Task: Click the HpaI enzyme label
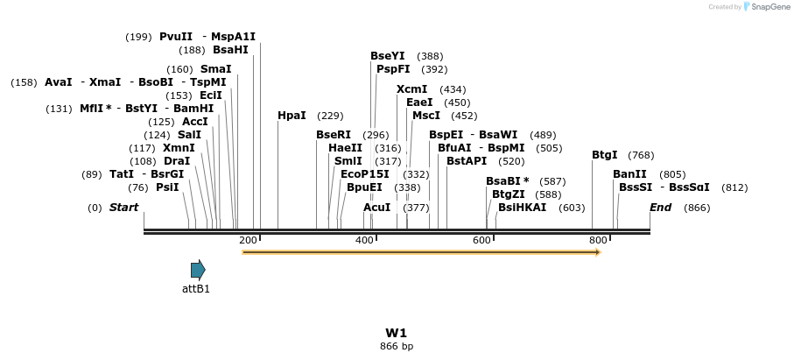(292, 116)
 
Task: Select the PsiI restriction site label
(167, 187)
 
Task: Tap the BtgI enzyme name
(604, 155)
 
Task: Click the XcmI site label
(411, 89)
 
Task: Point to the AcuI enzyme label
(376, 208)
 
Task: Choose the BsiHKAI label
(522, 208)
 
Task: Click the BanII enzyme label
(629, 174)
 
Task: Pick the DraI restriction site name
(177, 161)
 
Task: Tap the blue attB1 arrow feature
(198, 270)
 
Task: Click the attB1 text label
(196, 288)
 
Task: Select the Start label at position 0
(123, 208)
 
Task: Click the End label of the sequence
(660, 208)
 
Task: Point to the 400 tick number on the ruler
(364, 240)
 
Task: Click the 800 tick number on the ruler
(598, 240)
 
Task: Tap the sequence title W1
(397, 333)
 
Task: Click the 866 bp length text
(397, 346)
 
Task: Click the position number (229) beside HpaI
(330, 116)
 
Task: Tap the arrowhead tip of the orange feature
(599, 252)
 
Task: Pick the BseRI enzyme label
(333, 135)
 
